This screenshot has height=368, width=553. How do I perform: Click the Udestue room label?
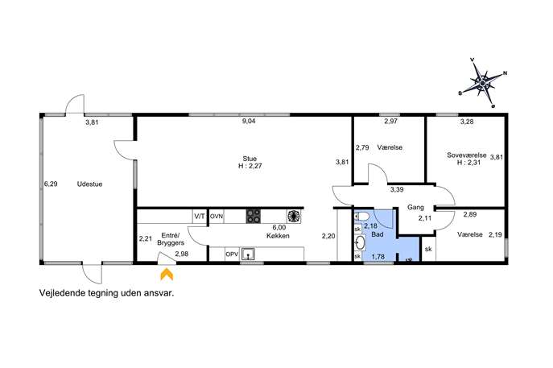tap(89, 184)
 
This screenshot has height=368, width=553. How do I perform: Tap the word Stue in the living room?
tap(250, 159)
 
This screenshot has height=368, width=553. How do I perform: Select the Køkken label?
tap(278, 236)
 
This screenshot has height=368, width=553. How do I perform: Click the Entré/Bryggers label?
tap(171, 239)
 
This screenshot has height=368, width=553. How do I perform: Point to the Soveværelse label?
tap(467, 155)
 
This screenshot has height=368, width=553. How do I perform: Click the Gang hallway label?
tap(415, 207)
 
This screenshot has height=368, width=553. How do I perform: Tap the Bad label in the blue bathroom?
tap(378, 234)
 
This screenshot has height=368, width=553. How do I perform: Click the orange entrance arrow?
tap(167, 275)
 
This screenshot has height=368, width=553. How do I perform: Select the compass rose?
tap(482, 83)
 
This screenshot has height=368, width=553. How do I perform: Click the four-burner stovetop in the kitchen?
tap(254, 217)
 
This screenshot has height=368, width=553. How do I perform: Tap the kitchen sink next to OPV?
tap(248, 254)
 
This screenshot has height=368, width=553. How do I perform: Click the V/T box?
tap(200, 217)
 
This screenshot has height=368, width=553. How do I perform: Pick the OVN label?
tap(217, 217)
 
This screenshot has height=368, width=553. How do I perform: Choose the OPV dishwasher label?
tap(232, 254)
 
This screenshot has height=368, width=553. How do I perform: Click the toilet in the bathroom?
tap(362, 216)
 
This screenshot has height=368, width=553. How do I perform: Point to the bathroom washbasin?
tap(360, 242)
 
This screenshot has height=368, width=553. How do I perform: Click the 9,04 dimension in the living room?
tap(249, 121)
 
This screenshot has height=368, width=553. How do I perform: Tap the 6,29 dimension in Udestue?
tap(51, 184)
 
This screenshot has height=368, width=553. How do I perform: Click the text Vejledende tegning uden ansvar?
tap(107, 293)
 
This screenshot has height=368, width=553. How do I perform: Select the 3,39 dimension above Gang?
tap(397, 190)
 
